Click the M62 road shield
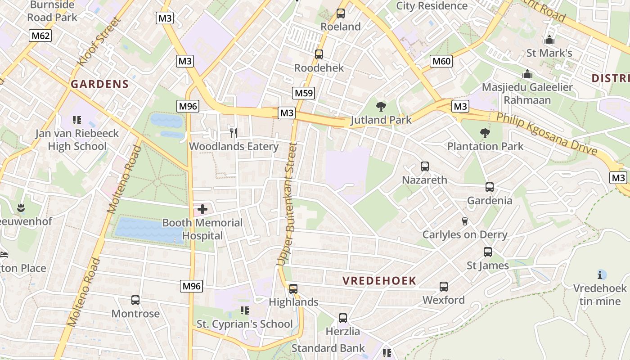(x=40, y=36)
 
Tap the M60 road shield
(x=441, y=61)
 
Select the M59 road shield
(x=303, y=93)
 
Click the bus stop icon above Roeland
(x=341, y=13)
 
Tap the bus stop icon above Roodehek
(x=319, y=54)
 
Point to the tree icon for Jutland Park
(x=381, y=107)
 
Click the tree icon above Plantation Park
(x=485, y=133)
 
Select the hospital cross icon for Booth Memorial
(x=202, y=209)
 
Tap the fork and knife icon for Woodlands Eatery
(x=233, y=133)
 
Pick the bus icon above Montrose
(x=135, y=300)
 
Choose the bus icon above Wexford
(x=444, y=286)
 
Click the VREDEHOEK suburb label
(x=379, y=281)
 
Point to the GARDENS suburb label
(x=100, y=84)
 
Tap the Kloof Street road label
(x=94, y=41)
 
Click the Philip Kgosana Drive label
(x=547, y=134)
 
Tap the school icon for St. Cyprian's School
(x=244, y=310)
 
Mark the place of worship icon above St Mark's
(x=549, y=40)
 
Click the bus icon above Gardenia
(x=490, y=187)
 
